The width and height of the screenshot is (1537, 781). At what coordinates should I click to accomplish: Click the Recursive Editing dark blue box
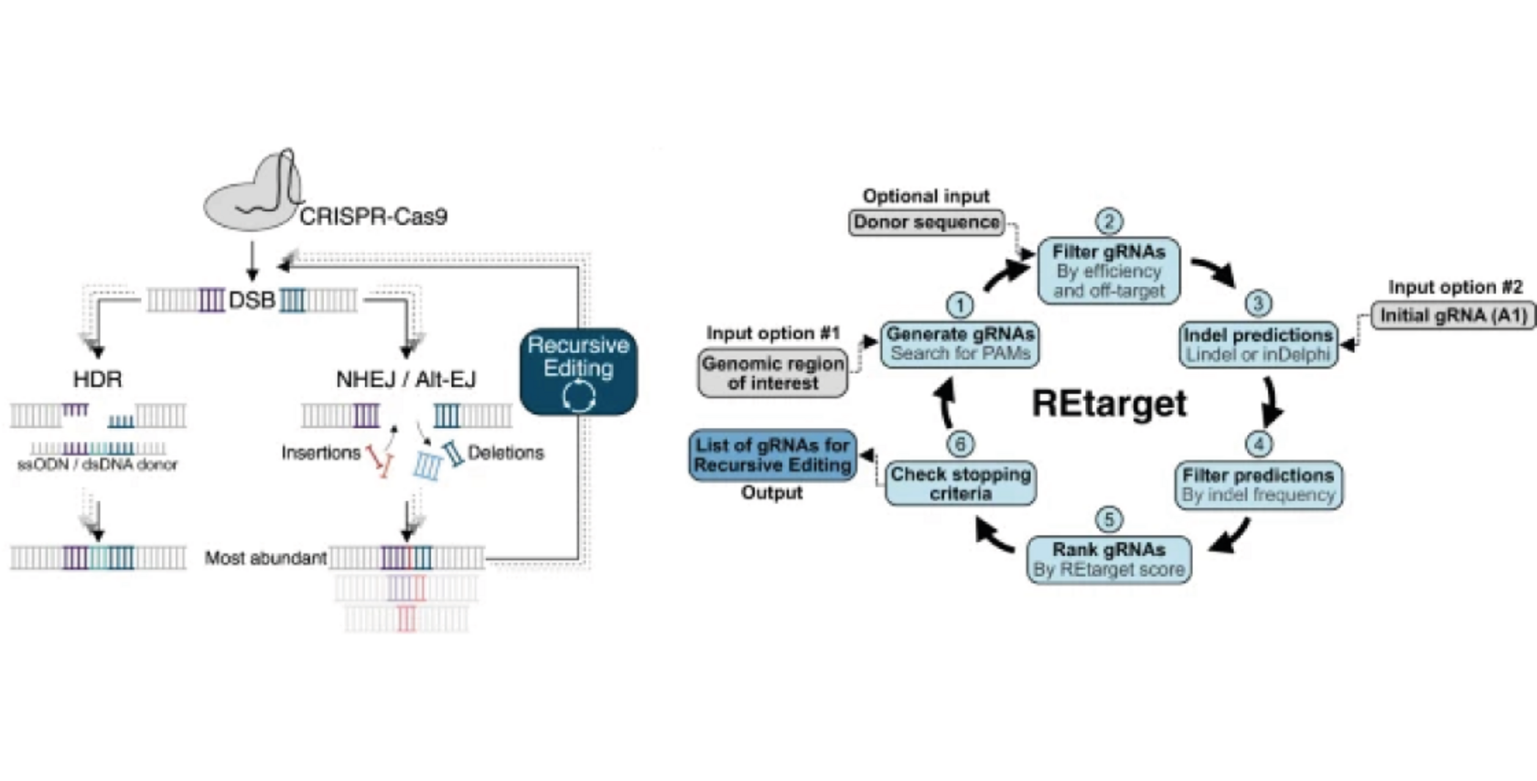point(578,370)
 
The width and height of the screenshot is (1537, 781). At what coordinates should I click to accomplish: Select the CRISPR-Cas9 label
point(373,217)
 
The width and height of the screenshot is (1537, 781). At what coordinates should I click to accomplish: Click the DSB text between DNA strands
point(252,300)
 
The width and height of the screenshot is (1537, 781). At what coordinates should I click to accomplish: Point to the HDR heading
point(97,379)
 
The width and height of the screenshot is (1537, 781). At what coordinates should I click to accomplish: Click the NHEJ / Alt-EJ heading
point(406,379)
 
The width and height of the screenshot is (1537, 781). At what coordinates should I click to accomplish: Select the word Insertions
point(320,453)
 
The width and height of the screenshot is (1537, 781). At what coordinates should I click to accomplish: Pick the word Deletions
point(505,453)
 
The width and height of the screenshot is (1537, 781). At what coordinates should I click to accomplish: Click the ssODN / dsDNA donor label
point(98,465)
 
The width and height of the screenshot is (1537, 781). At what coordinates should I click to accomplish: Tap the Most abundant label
point(265,558)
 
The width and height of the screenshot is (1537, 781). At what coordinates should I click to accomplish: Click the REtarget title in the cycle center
point(1109,403)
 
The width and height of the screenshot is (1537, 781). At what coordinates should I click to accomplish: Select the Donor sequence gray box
point(926,222)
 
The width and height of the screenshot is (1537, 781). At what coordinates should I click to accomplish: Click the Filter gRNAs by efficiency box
point(1109,271)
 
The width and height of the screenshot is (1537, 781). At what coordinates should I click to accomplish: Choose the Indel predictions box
point(1258,345)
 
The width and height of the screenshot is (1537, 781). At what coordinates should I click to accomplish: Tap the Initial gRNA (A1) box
point(1453,316)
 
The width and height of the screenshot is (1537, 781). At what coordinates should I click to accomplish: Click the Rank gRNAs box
point(1109,560)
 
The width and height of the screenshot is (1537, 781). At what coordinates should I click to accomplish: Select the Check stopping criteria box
point(961,484)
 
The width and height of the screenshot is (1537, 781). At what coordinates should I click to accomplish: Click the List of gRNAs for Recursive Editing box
point(772,455)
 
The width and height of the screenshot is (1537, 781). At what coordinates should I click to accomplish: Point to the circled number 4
point(1259,444)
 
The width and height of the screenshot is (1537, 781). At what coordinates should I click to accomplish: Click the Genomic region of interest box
point(773,373)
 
